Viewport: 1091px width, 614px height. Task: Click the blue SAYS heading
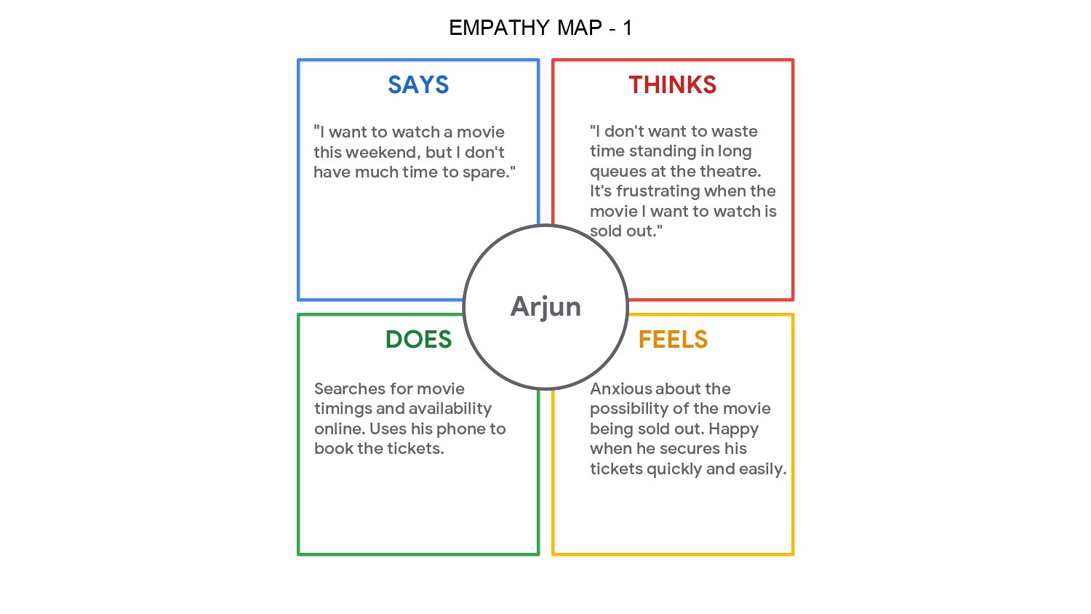click(418, 85)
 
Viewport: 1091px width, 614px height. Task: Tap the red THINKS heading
click(673, 85)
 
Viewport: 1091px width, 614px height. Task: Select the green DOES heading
click(418, 340)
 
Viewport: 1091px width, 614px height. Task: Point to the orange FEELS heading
click(673, 340)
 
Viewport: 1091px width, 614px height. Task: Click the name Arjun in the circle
click(545, 306)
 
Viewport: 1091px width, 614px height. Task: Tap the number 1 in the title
click(627, 28)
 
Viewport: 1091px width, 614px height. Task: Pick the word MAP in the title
click(580, 28)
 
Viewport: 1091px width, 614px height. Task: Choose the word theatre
click(730, 172)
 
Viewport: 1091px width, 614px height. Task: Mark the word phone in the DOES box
click(459, 429)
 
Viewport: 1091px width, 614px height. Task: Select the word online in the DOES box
click(338, 429)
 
